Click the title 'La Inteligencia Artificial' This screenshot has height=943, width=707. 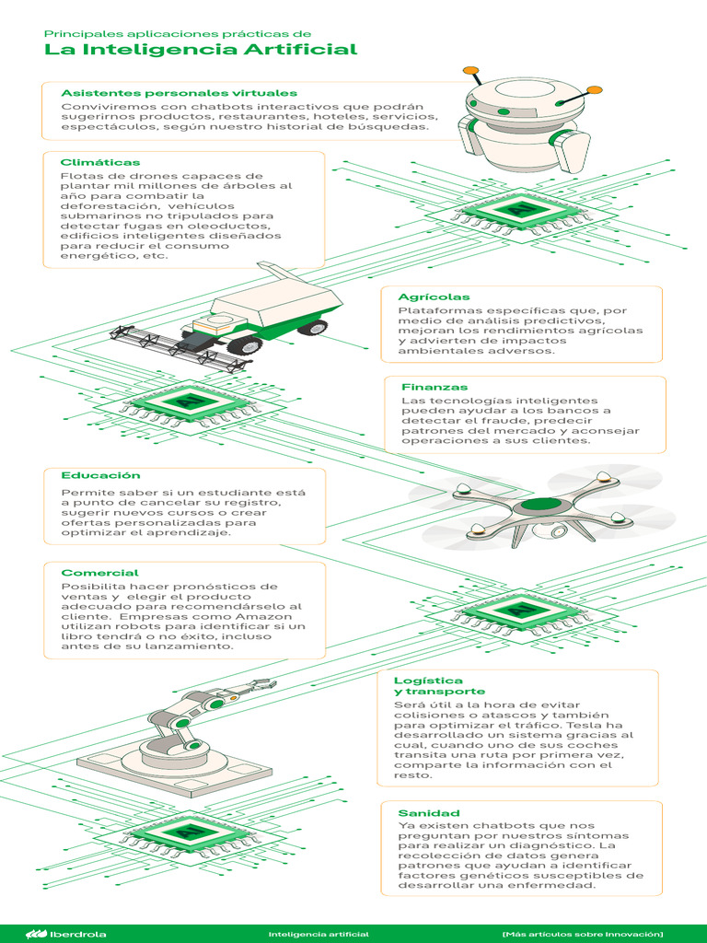pos(201,50)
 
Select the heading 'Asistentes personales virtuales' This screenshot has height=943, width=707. pos(179,93)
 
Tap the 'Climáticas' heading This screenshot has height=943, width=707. pos(100,162)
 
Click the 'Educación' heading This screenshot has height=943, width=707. pos(100,475)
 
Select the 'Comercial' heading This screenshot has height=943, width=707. pos(99,573)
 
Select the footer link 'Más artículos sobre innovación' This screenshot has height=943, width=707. pos(582,934)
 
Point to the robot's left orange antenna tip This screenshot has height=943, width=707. pos(470,70)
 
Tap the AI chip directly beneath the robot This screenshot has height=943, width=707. pos(520,211)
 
